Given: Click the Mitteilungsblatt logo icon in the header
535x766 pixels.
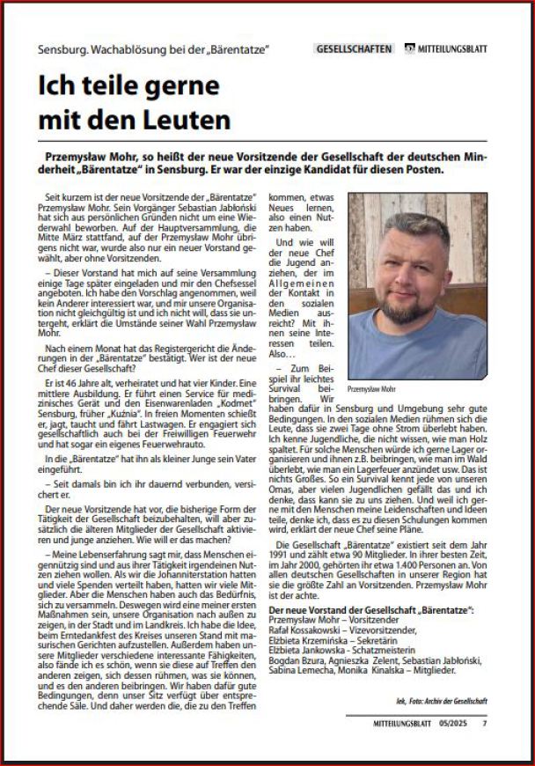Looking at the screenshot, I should [410, 49].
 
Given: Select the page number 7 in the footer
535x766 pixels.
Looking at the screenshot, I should [484, 724].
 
